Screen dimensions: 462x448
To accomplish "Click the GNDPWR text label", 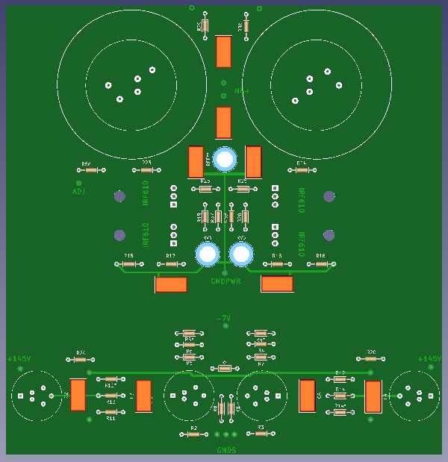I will (x=225, y=282).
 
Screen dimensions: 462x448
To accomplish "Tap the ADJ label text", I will (x=78, y=191).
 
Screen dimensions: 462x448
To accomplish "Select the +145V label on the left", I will (x=19, y=359).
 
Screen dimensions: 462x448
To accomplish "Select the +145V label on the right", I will (x=429, y=359).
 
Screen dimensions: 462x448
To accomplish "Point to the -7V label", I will (x=223, y=319).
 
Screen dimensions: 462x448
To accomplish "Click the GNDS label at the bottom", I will (x=226, y=450).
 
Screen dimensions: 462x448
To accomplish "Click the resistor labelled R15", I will (x=128, y=264).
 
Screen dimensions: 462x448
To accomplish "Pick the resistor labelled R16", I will (x=321, y=264).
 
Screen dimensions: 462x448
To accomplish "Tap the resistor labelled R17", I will (x=171, y=264).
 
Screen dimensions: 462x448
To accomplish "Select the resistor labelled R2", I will (x=193, y=434).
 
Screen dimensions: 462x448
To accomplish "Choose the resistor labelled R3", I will (x=261, y=434).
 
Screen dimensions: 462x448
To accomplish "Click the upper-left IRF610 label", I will (x=146, y=193).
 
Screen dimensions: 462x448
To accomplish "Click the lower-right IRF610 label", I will (x=302, y=244).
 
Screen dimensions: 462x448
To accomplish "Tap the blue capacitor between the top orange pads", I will (x=225, y=159).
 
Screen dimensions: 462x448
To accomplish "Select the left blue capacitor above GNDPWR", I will (x=208, y=254).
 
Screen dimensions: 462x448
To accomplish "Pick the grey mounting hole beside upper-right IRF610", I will (x=329, y=196).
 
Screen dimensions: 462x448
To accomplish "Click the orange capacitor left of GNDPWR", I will (x=171, y=284).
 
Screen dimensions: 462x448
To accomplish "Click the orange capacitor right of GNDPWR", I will (x=277, y=284).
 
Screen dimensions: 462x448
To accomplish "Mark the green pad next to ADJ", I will (x=78, y=182).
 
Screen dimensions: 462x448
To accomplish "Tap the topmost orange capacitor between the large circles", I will (x=223, y=52).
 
